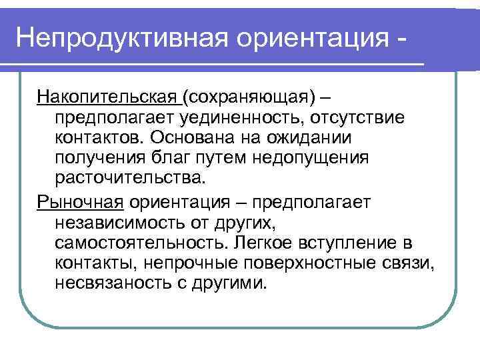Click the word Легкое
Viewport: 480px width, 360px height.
coord(291,241)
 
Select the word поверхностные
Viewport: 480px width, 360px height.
coord(316,261)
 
